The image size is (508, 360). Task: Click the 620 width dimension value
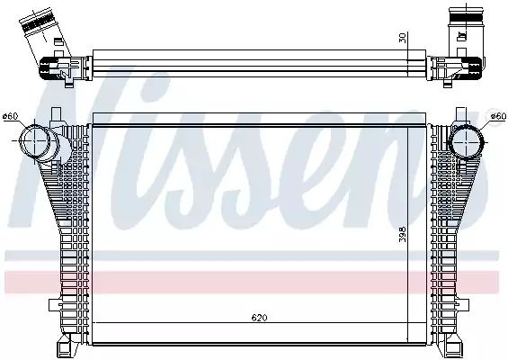(260, 317)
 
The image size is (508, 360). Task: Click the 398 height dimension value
(403, 234)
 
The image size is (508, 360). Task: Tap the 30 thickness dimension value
(403, 38)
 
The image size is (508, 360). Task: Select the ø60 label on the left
(10, 116)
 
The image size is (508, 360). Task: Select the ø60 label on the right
(498, 116)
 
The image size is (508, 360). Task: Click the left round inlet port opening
(34, 140)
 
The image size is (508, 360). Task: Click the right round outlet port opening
(467, 141)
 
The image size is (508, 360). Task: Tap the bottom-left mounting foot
(67, 346)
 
